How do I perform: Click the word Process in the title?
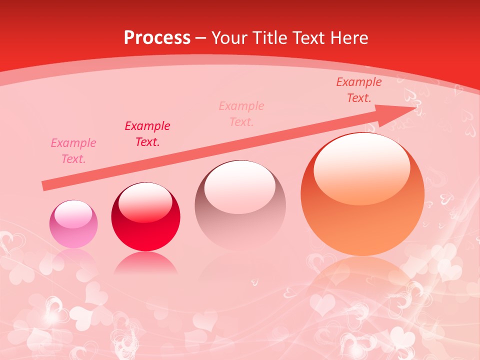(157, 38)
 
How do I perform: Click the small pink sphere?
(73, 224)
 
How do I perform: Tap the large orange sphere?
(362, 195)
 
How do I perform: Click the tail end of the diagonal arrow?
(44, 186)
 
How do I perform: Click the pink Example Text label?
(73, 151)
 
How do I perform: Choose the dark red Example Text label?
(147, 134)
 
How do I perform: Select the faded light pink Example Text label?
(241, 114)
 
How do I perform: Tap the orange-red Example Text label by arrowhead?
(359, 90)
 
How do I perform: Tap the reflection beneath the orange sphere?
(362, 280)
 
